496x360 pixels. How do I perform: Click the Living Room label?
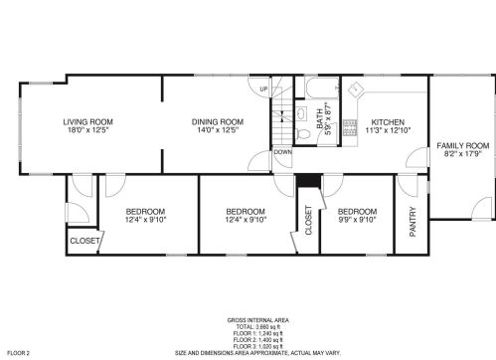(x=84, y=121)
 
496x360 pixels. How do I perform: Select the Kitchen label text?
(x=388, y=121)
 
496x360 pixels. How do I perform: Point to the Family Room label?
(x=463, y=146)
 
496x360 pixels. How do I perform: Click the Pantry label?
(x=413, y=222)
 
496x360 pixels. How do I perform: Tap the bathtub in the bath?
(x=322, y=90)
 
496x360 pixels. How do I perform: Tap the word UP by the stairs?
(x=263, y=90)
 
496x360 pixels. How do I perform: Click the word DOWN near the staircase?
(x=282, y=152)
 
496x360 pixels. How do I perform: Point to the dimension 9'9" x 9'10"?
(x=357, y=220)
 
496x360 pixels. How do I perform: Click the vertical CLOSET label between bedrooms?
(x=307, y=220)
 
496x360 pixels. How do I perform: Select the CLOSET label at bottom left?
(x=84, y=240)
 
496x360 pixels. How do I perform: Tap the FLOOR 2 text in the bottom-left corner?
(x=19, y=352)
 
